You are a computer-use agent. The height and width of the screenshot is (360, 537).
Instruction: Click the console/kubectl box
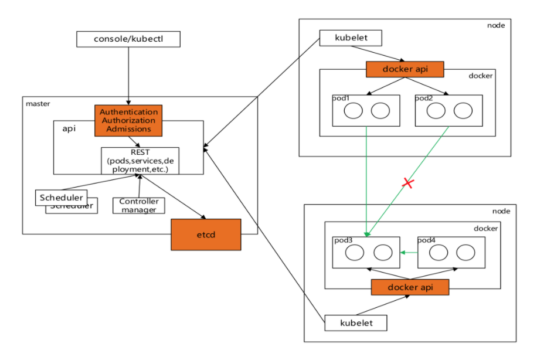(128, 39)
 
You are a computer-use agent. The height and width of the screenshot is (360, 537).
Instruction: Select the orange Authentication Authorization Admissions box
(128, 120)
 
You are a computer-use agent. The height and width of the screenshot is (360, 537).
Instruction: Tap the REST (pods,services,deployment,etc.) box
(140, 160)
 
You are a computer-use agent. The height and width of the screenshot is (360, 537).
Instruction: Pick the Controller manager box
(139, 205)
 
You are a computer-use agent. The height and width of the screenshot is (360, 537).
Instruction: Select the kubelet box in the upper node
(351, 38)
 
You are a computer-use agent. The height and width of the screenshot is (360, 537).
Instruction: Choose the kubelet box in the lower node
(356, 322)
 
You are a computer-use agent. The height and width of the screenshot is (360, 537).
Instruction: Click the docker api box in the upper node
(405, 69)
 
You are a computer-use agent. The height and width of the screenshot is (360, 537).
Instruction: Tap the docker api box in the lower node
(410, 287)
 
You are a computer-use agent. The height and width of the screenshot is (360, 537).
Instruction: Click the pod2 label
(424, 98)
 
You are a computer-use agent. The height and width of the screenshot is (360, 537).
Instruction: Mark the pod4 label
(427, 241)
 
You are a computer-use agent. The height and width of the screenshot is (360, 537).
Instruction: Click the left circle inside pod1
(353, 110)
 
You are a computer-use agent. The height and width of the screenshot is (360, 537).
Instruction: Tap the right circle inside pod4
(465, 253)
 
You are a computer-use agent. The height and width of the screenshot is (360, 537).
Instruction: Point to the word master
(38, 104)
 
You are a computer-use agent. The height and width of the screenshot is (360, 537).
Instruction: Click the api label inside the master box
(69, 129)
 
